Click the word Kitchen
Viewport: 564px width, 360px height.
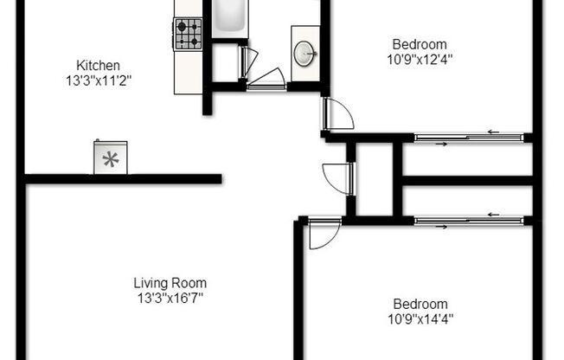click(x=98, y=66)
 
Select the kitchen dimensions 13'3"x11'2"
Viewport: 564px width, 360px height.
click(x=98, y=80)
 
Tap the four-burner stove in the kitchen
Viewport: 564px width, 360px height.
click(x=188, y=35)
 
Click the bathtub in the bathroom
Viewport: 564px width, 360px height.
click(x=229, y=17)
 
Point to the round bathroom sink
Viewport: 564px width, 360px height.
click(x=305, y=52)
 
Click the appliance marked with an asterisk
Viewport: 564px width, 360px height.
click(x=110, y=157)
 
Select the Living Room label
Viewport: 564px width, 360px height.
click(x=170, y=283)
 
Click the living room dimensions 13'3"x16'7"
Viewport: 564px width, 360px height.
click(x=170, y=298)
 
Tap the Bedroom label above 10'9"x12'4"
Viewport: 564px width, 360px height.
click(x=420, y=45)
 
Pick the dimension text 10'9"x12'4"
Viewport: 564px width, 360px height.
click(x=420, y=60)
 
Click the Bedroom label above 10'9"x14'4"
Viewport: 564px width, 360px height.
click(x=420, y=304)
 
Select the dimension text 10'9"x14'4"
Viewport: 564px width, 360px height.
click(x=420, y=318)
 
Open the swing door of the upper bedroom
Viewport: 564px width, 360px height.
click(x=336, y=113)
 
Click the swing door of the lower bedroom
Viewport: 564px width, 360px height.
click(x=324, y=234)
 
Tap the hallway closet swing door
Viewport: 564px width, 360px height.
click(x=338, y=177)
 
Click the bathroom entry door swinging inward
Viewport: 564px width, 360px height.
click(x=266, y=78)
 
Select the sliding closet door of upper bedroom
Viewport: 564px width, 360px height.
click(x=468, y=137)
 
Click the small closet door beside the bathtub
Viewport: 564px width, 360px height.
click(x=247, y=62)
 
